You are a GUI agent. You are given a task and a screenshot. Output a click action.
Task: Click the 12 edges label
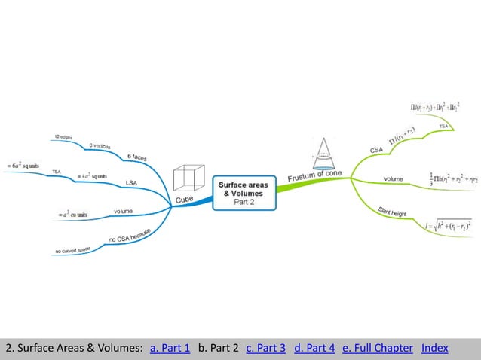pyautogui.click(x=63, y=137)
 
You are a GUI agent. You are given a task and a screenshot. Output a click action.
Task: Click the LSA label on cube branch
pyautogui.click(x=131, y=182)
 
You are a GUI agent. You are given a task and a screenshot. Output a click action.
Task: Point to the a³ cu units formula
pyautogui.click(x=73, y=214)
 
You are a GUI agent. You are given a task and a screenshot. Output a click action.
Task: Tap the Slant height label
pyautogui.click(x=392, y=212)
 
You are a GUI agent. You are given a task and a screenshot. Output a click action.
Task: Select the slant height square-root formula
pyautogui.click(x=448, y=224)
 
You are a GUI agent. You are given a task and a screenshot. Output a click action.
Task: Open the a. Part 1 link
pyautogui.click(x=170, y=348)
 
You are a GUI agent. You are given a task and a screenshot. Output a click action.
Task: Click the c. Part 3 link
pyautogui.click(x=265, y=348)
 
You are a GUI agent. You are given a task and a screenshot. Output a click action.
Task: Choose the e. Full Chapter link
pyautogui.click(x=377, y=348)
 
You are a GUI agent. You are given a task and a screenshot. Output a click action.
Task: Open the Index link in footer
pyautogui.click(x=434, y=348)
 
